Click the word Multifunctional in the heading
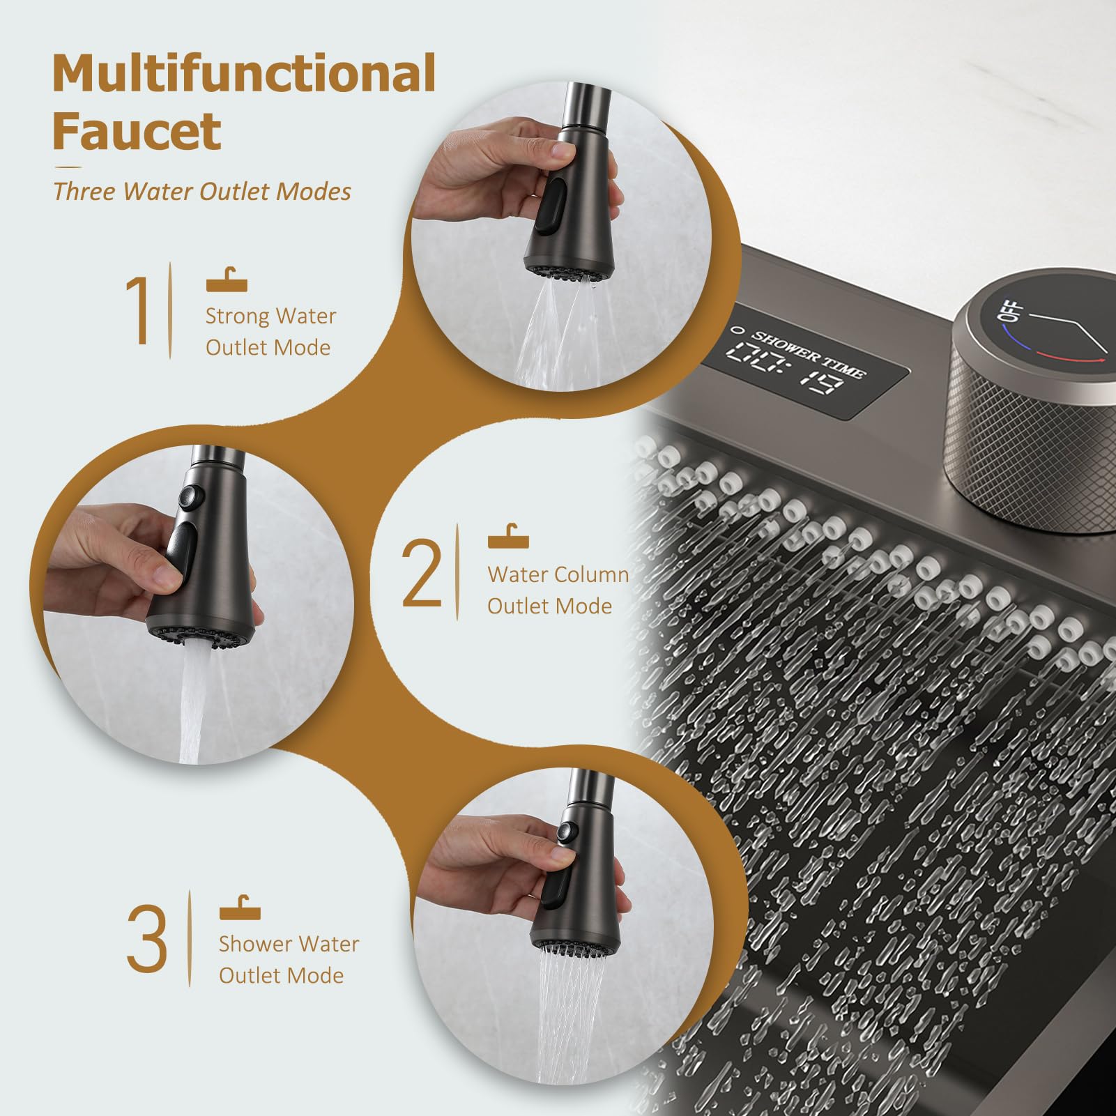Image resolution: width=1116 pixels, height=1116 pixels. [x=244, y=74]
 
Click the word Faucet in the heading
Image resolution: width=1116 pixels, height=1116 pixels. [x=137, y=131]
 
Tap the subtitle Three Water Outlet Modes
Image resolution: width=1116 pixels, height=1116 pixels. [x=202, y=191]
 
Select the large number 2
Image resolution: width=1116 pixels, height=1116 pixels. [x=422, y=573]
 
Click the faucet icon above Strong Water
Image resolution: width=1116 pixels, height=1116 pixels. [x=227, y=281]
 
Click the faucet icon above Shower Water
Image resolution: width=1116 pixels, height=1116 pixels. [x=240, y=908]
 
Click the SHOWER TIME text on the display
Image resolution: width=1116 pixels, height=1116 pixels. [x=809, y=354]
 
